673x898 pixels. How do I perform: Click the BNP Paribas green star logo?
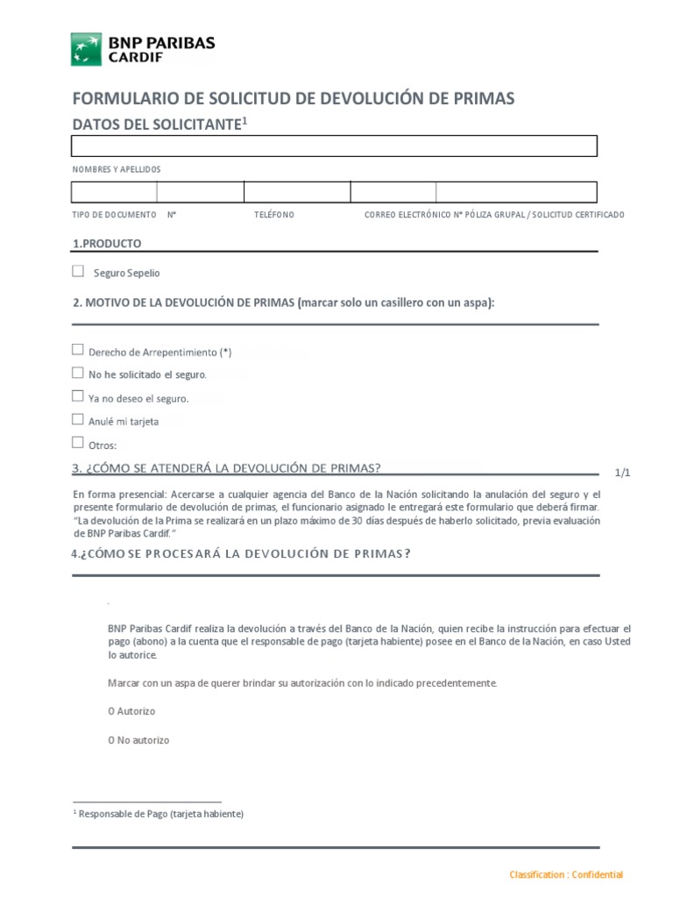86,49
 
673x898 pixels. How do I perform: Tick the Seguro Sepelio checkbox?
78,272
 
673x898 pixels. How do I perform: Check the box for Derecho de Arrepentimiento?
78,350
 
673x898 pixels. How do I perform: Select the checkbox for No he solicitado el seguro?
78,373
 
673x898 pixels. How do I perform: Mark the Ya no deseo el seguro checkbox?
78,396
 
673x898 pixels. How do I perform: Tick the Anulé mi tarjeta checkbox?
78,420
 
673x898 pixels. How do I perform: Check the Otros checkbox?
78,443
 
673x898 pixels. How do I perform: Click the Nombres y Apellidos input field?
334,146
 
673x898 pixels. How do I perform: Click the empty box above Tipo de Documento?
114,192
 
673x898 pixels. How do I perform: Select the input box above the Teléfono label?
297,192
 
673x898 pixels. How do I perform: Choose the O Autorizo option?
111,711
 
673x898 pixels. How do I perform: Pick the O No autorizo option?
111,740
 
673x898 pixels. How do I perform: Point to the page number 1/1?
622,473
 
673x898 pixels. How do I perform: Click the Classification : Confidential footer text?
566,874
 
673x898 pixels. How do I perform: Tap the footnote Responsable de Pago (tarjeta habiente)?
160,814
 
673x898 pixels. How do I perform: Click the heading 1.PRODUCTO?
106,244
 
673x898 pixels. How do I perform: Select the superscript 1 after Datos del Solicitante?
245,121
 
